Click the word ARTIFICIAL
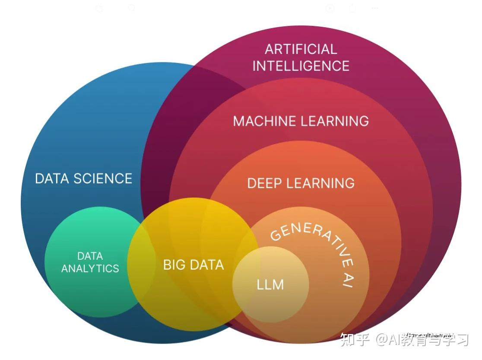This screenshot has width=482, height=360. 301,49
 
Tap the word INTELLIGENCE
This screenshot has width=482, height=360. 301,66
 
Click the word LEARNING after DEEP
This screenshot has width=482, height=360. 321,183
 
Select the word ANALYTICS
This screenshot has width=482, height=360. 90,268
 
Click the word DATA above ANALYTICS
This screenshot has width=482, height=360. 90,256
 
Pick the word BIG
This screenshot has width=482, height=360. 174,264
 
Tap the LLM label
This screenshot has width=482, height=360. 270,285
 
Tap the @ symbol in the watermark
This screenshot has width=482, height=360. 382,340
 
